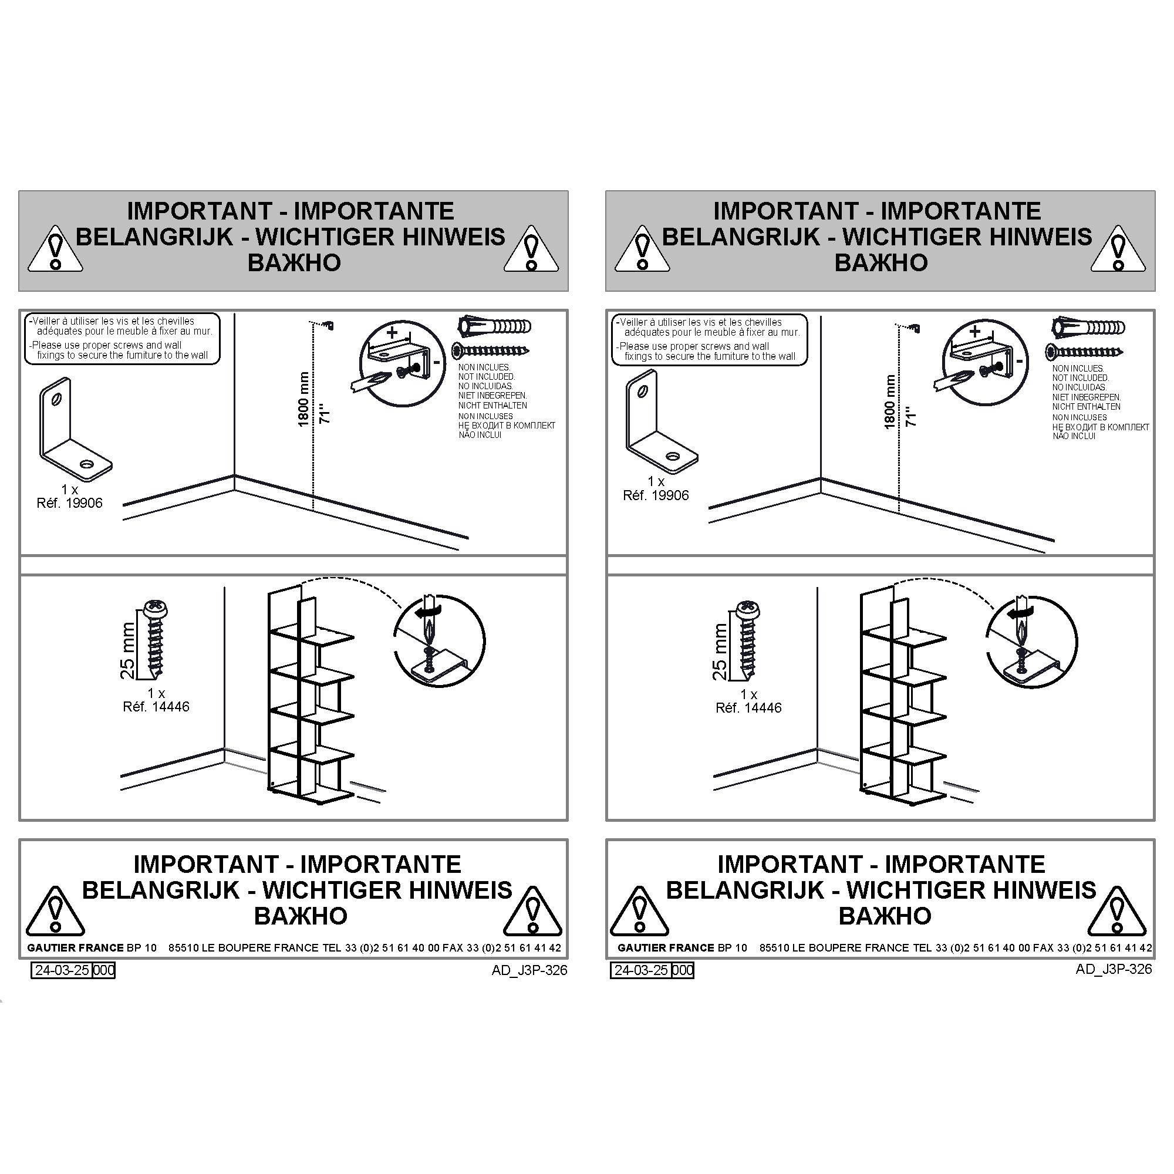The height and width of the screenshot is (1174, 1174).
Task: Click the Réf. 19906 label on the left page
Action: pyautogui.click(x=70, y=503)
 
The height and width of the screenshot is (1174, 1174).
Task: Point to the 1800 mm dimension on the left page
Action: pyautogui.click(x=303, y=399)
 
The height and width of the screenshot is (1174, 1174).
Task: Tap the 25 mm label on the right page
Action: pyautogui.click(x=720, y=652)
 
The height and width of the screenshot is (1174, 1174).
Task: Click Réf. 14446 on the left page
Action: pyautogui.click(x=156, y=707)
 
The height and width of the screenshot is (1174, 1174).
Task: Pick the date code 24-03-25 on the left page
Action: pyautogui.click(x=62, y=970)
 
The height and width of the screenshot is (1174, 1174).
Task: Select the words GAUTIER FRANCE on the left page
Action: pyautogui.click(x=75, y=948)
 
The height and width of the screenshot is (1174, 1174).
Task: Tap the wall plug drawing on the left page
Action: pyautogui.click(x=494, y=326)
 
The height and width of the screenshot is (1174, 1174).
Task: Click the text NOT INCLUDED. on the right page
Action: pyautogui.click(x=1081, y=378)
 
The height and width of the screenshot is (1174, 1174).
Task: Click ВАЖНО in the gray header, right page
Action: pyautogui.click(x=881, y=262)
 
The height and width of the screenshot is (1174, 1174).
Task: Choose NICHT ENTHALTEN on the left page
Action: pyautogui.click(x=493, y=405)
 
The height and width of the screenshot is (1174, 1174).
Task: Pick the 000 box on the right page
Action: pyautogui.click(x=683, y=970)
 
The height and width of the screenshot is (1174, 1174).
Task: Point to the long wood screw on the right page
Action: pyautogui.click(x=1084, y=351)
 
